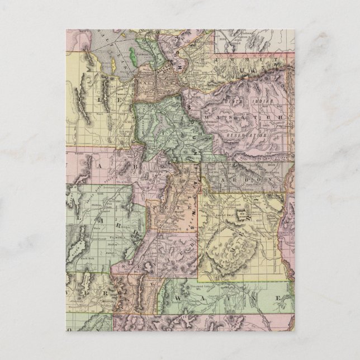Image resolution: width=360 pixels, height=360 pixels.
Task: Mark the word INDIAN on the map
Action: click(260, 101)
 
